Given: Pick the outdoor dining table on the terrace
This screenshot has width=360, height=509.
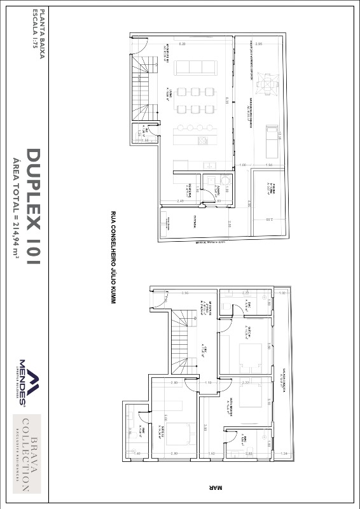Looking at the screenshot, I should pyautogui.click(x=271, y=85).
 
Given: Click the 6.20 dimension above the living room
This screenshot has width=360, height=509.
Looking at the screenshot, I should pyautogui.click(x=182, y=44).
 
